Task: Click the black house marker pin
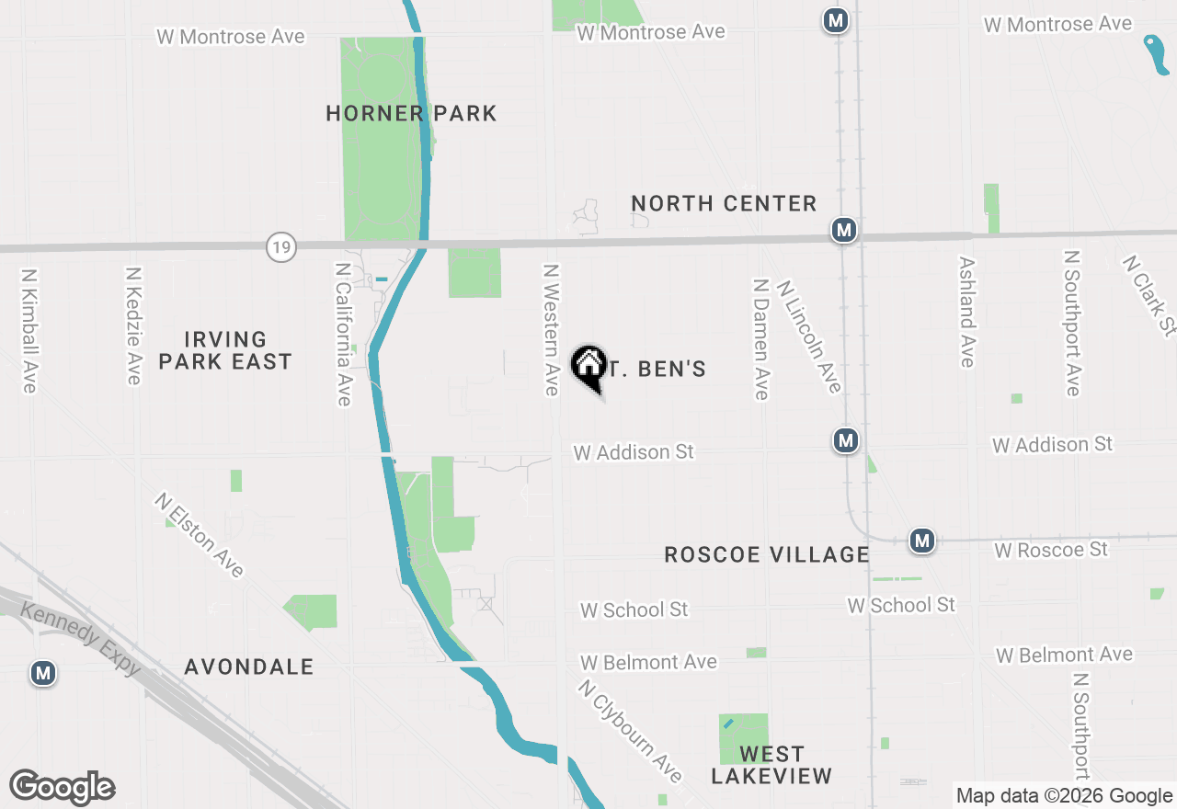point(588,368)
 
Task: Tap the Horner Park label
point(411,114)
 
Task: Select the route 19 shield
point(282,246)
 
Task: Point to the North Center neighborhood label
point(724,204)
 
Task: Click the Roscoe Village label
point(767,554)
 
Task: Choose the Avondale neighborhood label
point(249,667)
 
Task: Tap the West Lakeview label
point(771,765)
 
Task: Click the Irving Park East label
point(225,351)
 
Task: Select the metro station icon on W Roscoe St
point(922,541)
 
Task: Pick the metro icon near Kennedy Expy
point(42,673)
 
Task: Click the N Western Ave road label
point(551,330)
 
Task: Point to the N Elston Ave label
point(200,536)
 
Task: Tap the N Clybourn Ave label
point(632,731)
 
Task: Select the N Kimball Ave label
point(29,331)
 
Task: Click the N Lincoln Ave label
point(808,336)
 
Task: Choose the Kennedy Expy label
point(82,638)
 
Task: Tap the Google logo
point(62,788)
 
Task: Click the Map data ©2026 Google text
point(1064,796)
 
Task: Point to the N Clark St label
point(1148,295)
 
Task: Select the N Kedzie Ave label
point(134,325)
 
